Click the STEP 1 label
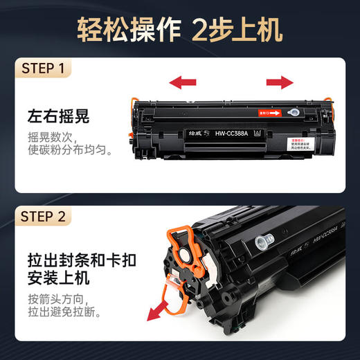tap(43, 69)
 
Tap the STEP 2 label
tap(44, 217)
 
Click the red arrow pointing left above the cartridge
tap(182, 83)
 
